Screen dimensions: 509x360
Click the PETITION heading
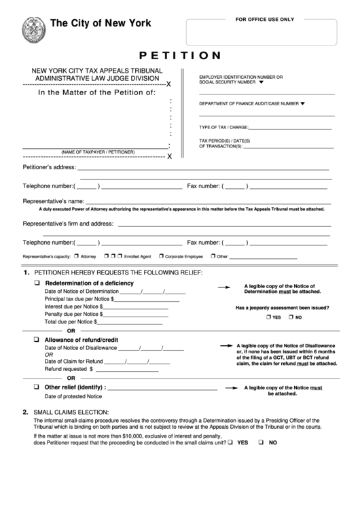coord(179,55)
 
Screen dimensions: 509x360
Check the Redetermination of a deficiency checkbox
coord(37,283)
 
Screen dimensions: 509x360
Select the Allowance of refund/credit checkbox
coord(37,338)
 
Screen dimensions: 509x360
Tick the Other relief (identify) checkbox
coord(37,387)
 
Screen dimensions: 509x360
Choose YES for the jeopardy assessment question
coord(269,317)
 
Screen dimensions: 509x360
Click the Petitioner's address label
coord(49,167)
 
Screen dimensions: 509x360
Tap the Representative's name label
coord(54,202)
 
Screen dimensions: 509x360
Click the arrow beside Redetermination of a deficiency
coord(223,288)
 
